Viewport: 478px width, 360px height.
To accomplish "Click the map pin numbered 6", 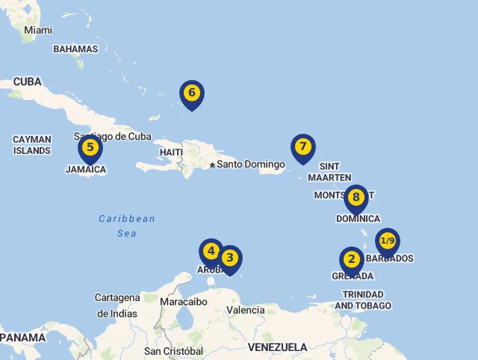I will pos(192,93).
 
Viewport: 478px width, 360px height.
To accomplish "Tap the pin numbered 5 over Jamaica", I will pos(90,148).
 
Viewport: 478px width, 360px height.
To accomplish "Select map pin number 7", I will pos(302,147).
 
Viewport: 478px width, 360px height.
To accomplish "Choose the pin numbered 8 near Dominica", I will pos(356,198).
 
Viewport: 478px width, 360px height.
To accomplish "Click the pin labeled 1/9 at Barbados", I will pos(387,241).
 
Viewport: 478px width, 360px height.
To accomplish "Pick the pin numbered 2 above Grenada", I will pos(351,260).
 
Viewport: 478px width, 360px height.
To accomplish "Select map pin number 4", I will pos(211,252).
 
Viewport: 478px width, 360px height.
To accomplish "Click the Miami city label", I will pos(38,30).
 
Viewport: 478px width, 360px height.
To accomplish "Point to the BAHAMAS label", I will pos(75,49).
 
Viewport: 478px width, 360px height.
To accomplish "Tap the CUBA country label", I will pos(28,81).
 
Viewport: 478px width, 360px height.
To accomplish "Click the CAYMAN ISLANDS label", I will pos(32,145).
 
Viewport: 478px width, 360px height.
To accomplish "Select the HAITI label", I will pos(171,152).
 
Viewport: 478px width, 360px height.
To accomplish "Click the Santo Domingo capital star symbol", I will pos(212,165).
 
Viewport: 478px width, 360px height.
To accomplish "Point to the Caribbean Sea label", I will pos(127,226).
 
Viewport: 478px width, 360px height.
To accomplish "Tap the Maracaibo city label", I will pos(184,302).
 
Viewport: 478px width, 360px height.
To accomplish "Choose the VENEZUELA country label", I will pos(277,347).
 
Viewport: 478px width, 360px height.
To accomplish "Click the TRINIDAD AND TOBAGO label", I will pos(363,300).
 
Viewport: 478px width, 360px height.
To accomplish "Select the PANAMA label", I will pos(22,338).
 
